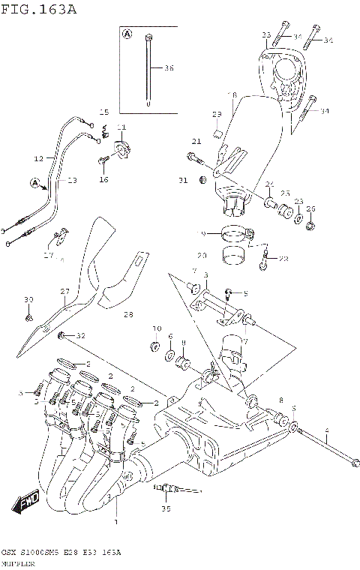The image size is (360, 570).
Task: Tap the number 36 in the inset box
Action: [x=169, y=68]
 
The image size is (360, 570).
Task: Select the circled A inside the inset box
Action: [x=127, y=35]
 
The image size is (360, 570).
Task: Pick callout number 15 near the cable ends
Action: [x=104, y=112]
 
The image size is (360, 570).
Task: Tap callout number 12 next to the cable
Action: [x=39, y=159]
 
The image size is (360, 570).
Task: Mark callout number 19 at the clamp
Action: [x=201, y=235]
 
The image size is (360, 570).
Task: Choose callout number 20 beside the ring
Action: [x=202, y=255]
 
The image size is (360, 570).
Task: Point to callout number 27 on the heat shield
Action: [x=64, y=293]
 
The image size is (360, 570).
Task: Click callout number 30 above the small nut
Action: [x=28, y=300]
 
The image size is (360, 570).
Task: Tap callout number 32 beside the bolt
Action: [x=81, y=335]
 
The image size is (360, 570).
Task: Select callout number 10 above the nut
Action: [x=157, y=328]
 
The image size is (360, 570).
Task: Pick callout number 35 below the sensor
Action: [x=166, y=508]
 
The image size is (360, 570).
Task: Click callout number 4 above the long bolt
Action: [x=326, y=430]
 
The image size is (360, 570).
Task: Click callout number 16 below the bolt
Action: [x=104, y=179]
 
